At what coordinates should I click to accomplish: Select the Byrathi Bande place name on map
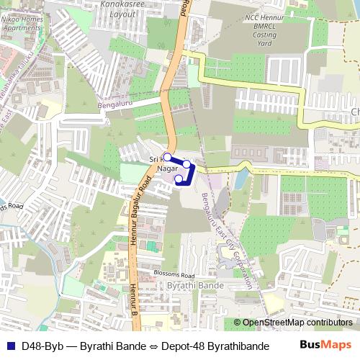pos(195,286)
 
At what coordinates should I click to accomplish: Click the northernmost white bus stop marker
pos(167,156)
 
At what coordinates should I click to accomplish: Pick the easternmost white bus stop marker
pos(187,165)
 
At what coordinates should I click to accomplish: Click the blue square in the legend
pos(11,345)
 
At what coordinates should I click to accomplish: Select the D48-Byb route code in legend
pos(42,345)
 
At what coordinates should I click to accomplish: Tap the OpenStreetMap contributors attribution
pos(297,323)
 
